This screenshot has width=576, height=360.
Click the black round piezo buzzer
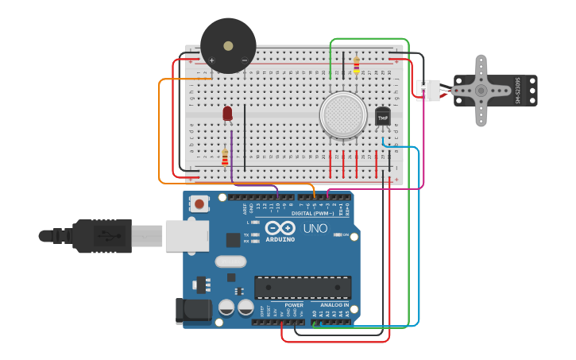(x=228, y=46)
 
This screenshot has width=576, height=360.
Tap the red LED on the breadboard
(x=227, y=114)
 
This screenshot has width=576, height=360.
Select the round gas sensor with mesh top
(x=343, y=114)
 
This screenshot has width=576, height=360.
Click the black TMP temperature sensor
(x=383, y=117)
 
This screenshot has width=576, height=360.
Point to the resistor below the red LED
(x=225, y=157)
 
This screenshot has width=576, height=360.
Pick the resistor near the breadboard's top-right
(x=356, y=64)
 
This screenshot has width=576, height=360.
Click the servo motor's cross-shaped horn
(x=481, y=90)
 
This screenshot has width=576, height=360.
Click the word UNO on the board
(x=315, y=228)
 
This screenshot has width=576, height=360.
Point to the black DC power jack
(x=193, y=311)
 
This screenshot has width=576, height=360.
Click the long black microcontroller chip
(x=302, y=288)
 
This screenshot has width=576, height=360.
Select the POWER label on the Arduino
(x=294, y=304)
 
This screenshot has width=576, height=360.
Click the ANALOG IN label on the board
(x=334, y=304)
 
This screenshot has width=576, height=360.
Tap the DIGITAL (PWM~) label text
(x=312, y=213)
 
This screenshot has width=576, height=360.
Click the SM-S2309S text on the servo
(x=518, y=90)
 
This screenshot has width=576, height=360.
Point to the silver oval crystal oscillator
(x=230, y=261)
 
